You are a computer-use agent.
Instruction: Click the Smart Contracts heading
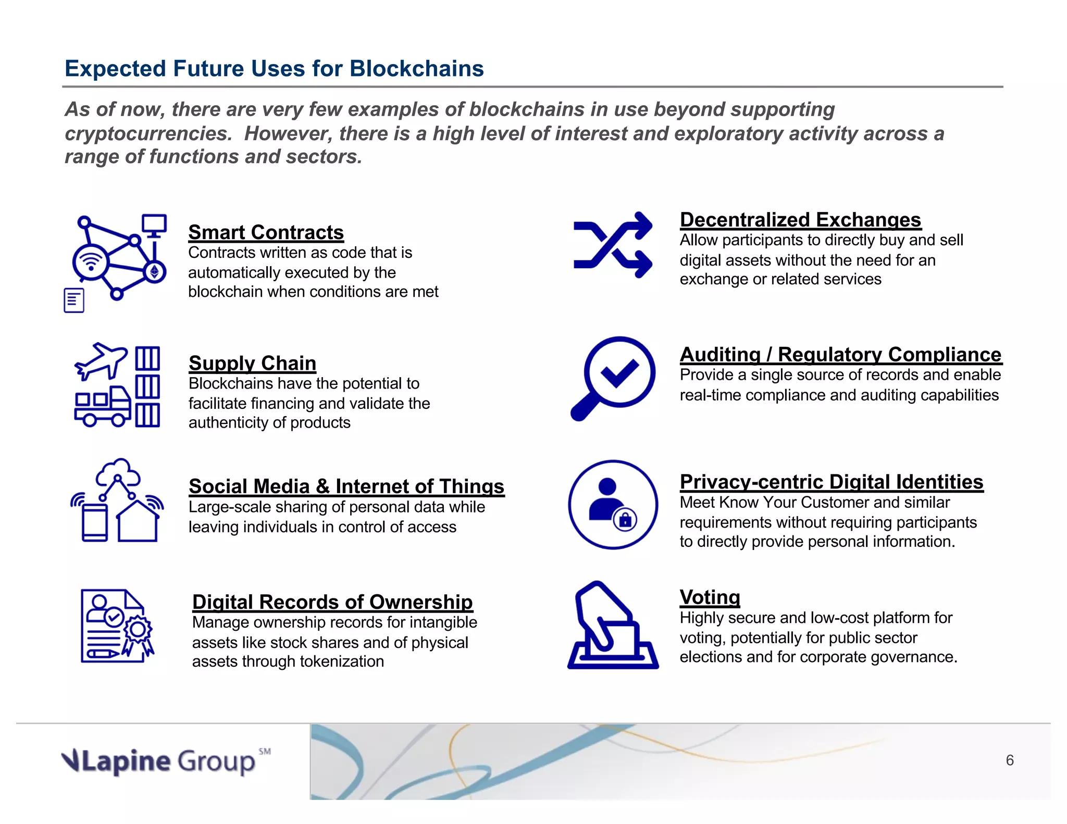tap(266, 232)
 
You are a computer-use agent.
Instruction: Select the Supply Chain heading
tap(252, 363)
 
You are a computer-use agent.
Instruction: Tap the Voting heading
tap(710, 597)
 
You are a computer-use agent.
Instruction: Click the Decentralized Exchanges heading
tap(800, 220)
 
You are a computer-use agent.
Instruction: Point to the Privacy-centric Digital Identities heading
tap(832, 482)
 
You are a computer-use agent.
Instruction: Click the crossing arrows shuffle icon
tap(613, 245)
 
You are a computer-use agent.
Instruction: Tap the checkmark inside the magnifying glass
tap(620, 372)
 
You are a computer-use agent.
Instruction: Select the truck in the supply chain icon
tap(102, 407)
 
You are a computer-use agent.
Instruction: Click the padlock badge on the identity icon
tap(625, 519)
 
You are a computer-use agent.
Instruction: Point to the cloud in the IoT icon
tap(119, 472)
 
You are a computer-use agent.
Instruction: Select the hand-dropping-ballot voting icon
tap(613, 625)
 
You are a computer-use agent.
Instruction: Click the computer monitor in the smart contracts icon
tap(154, 225)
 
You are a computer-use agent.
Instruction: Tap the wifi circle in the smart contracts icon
tap(91, 261)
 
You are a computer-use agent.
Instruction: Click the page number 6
tap(1010, 760)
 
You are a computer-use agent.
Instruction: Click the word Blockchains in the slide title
tap(417, 69)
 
